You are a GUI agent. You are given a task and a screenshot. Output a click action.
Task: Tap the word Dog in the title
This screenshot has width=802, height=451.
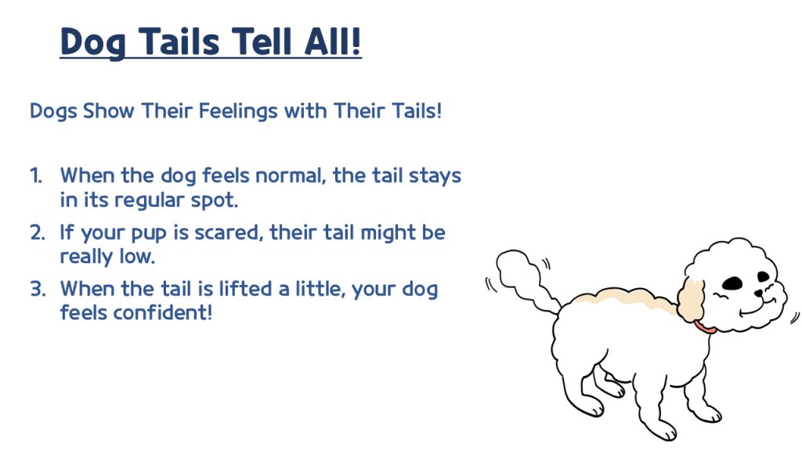coord(92,44)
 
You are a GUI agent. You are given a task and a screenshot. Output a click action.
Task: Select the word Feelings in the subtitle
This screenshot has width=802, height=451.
coord(238,111)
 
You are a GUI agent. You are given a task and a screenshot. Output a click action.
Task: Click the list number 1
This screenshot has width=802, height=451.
coord(36,176)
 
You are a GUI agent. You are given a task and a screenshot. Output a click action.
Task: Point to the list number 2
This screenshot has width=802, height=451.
coord(38,233)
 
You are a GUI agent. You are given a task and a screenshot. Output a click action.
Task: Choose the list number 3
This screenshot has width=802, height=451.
coord(38,289)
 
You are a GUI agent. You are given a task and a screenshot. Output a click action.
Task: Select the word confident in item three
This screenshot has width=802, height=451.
coord(162,312)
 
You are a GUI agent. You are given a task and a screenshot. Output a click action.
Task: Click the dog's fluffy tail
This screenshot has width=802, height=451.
coord(522,276)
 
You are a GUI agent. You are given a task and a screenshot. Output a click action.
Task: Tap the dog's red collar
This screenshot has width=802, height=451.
coord(705,327)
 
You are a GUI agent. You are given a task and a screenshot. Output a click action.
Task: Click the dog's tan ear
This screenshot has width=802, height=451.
coord(691,300)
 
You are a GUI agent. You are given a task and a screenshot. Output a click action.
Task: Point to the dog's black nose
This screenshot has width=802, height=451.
coord(758,294)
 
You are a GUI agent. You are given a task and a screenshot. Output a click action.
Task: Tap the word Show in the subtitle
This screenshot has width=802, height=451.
coord(108,111)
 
